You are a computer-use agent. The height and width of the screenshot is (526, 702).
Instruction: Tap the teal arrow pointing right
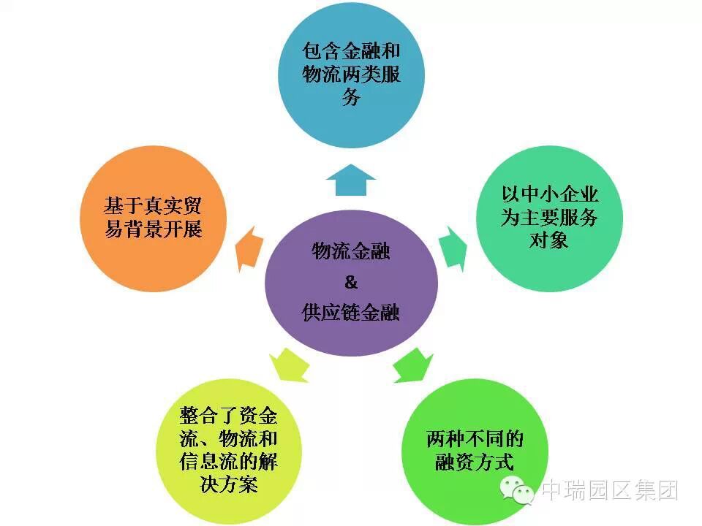(x=453, y=248)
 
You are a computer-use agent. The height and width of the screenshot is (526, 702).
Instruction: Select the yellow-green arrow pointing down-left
(x=290, y=364)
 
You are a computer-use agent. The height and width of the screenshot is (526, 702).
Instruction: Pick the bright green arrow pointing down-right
(x=412, y=364)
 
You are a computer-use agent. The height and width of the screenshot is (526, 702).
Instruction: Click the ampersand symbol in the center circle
(x=350, y=282)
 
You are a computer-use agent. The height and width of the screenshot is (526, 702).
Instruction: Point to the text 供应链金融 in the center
(x=351, y=312)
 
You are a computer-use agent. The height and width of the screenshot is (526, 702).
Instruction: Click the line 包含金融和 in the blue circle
(x=351, y=51)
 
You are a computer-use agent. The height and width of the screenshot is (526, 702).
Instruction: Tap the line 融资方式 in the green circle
(x=475, y=462)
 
